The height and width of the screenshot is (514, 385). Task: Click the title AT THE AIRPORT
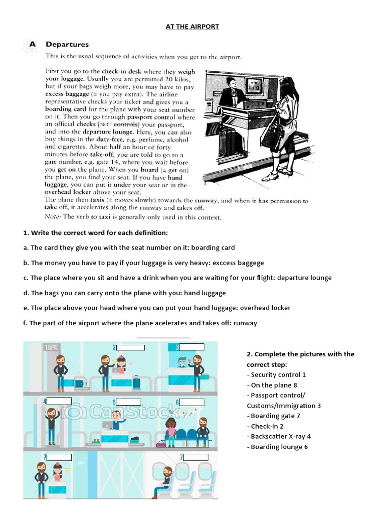192,26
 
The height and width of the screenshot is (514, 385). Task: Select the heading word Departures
67,45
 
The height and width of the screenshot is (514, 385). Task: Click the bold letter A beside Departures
32,45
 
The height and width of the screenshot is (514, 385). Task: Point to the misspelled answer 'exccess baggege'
239,263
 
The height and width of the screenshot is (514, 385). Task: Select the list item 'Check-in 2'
267,426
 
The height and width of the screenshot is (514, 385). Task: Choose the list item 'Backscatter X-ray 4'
280,436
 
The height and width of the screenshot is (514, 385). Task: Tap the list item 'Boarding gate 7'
275,416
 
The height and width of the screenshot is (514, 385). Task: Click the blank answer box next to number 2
130,347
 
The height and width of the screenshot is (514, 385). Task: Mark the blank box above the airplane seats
196,457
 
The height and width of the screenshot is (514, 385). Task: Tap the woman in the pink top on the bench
171,430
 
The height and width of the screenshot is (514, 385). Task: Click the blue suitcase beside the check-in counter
136,383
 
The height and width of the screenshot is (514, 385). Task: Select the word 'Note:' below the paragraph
54,217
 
